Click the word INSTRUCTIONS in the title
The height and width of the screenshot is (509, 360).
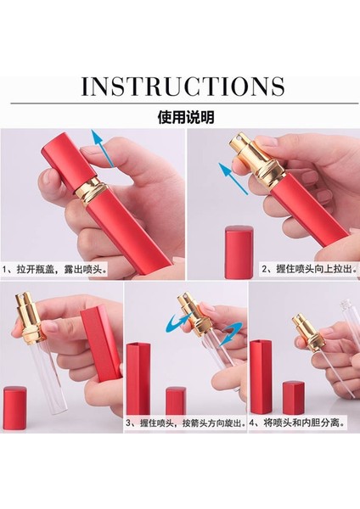[x=183, y=87]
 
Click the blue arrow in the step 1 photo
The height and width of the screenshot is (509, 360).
[x=103, y=154]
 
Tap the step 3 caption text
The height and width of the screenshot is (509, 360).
[x=185, y=422]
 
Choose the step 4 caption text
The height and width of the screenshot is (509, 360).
[x=303, y=422]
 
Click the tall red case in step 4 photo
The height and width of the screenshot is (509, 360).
[x=261, y=383]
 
